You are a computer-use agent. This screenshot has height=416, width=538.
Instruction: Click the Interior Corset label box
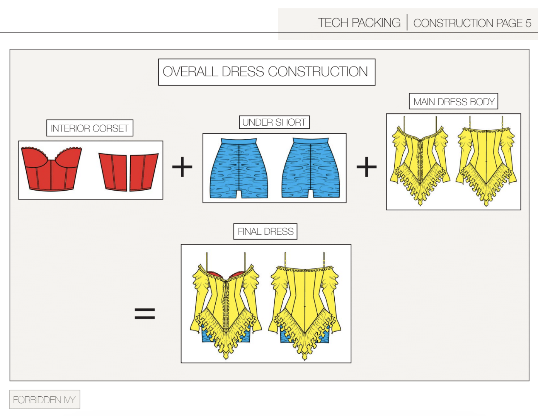click(90, 128)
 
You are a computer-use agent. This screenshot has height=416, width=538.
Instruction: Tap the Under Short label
click(274, 123)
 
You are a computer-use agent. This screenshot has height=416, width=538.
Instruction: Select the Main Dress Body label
click(453, 102)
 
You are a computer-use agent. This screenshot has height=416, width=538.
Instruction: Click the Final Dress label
click(266, 232)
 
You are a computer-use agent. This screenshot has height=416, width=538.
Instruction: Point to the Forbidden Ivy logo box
click(44, 400)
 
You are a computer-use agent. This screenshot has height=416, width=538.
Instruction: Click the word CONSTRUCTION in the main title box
click(318, 72)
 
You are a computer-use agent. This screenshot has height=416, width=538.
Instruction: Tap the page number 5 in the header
click(528, 23)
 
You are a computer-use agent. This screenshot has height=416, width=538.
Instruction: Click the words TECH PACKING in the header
click(359, 23)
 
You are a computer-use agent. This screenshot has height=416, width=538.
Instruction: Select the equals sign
click(145, 313)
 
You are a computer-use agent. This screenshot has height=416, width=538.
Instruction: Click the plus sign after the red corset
click(182, 167)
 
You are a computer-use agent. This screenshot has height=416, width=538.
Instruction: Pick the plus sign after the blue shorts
click(366, 167)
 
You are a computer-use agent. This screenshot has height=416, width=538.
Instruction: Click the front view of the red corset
click(51, 169)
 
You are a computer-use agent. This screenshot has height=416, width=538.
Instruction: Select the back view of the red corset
click(128, 172)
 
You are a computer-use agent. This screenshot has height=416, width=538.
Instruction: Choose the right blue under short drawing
click(311, 169)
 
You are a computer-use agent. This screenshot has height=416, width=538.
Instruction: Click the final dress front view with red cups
click(226, 305)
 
